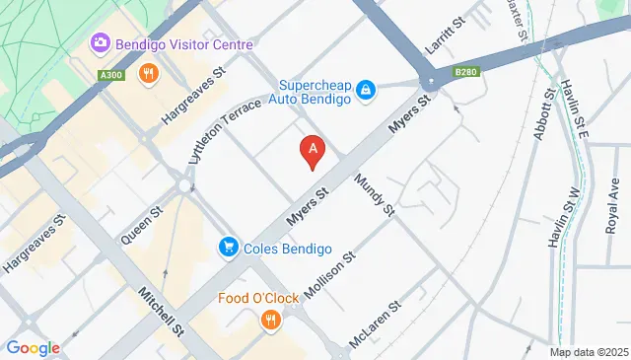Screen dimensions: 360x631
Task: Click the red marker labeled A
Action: click(313, 151)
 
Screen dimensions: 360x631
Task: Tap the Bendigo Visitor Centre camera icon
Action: click(100, 42)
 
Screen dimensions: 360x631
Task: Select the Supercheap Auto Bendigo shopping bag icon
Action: click(366, 91)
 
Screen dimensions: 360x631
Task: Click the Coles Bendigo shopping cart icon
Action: click(229, 247)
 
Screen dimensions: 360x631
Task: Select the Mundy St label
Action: click(375, 196)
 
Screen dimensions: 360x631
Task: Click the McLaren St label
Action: click(377, 324)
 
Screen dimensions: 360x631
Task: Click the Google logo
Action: click(34, 347)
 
